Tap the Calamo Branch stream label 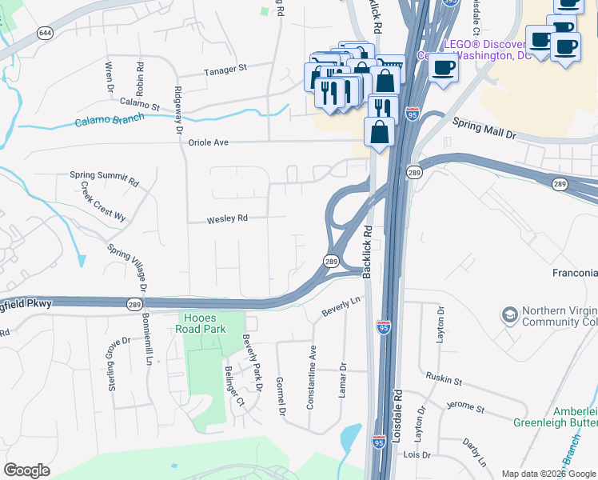click(110, 120)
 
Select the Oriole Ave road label click(208, 142)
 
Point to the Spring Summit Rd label click(104, 178)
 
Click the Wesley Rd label click(227, 218)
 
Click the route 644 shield click(45, 33)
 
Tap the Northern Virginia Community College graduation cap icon click(508, 314)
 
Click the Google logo click(26, 470)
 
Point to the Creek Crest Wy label click(103, 206)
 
